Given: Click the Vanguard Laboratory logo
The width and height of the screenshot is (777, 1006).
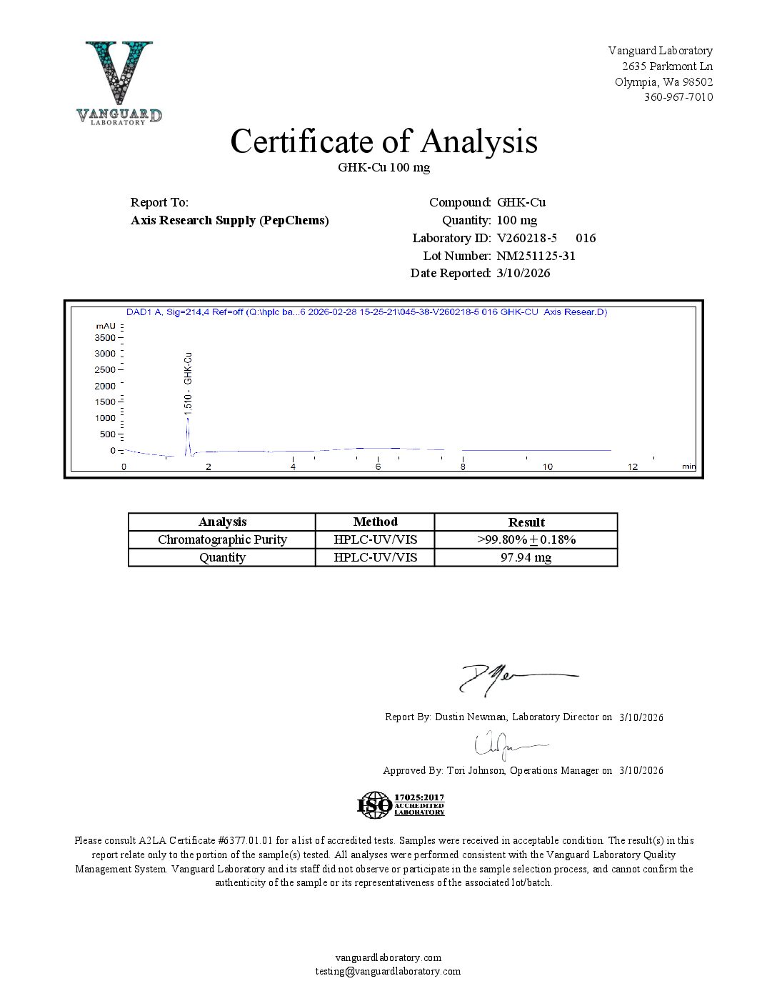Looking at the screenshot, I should (119, 83).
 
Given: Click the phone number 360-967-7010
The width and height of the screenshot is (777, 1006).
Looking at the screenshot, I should (678, 97).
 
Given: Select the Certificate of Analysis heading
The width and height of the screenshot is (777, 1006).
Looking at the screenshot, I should (384, 141).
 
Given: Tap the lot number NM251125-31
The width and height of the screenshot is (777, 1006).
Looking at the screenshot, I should (536, 256).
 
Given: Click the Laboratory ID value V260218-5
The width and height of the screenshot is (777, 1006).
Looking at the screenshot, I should (526, 238).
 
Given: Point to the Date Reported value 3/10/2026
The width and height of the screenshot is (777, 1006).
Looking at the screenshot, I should (523, 273).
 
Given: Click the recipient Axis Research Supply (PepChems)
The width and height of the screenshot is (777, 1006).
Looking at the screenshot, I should (229, 220).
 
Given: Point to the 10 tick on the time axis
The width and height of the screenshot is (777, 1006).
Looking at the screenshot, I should (547, 467).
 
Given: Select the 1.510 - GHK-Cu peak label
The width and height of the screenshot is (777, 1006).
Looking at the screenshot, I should (188, 384).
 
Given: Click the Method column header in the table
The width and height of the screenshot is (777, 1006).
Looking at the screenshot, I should (375, 522).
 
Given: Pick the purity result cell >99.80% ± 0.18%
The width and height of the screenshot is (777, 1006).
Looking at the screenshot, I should (526, 539).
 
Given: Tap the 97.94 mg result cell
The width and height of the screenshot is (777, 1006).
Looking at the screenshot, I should (526, 557).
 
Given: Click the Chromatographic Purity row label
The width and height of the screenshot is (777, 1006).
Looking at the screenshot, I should (222, 539).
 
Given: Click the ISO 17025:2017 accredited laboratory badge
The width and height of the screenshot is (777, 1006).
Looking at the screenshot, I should (401, 805).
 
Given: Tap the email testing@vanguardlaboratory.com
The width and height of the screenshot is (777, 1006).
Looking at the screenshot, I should (388, 971).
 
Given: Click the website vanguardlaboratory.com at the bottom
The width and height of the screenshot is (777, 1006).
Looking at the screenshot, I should (388, 957).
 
